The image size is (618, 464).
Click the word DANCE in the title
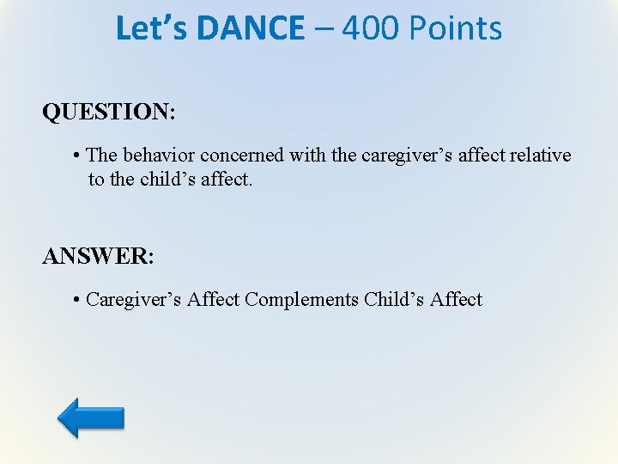point(250,28)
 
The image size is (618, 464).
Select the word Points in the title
point(455,28)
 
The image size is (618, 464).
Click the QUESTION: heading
point(109,113)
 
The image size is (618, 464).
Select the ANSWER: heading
point(98,257)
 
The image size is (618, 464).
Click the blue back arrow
point(91,417)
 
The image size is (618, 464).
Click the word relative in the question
point(540,156)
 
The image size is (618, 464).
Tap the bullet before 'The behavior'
point(77,156)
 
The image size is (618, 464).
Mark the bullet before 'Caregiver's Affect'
point(77,300)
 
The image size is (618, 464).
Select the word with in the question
point(307,156)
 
